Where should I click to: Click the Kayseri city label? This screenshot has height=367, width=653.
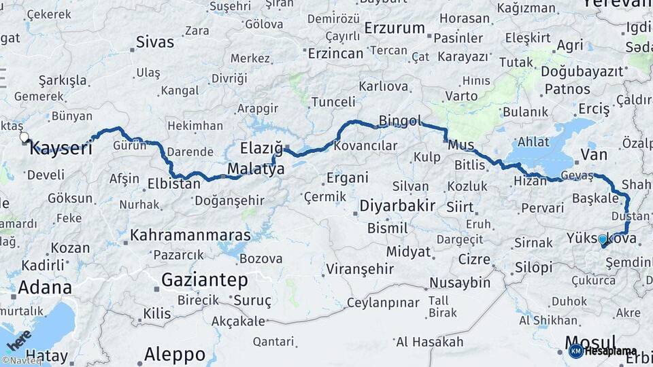point(61,148)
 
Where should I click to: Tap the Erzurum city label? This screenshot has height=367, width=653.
point(395,29)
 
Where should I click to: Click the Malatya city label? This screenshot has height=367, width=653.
point(256,169)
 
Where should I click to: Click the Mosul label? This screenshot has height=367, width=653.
point(590,342)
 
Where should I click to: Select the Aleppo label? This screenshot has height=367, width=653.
point(175,354)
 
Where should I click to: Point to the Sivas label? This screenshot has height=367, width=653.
point(155,42)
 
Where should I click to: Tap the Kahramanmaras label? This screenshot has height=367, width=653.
point(190,235)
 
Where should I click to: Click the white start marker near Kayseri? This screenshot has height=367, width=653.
point(24,137)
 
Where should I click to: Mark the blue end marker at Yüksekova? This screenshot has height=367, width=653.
point(601,239)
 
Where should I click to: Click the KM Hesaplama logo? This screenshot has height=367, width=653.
point(603,351)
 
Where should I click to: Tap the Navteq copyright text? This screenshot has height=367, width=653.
point(22,361)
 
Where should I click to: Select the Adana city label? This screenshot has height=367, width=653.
point(44,287)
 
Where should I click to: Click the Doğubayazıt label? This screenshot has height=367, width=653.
point(582,71)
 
